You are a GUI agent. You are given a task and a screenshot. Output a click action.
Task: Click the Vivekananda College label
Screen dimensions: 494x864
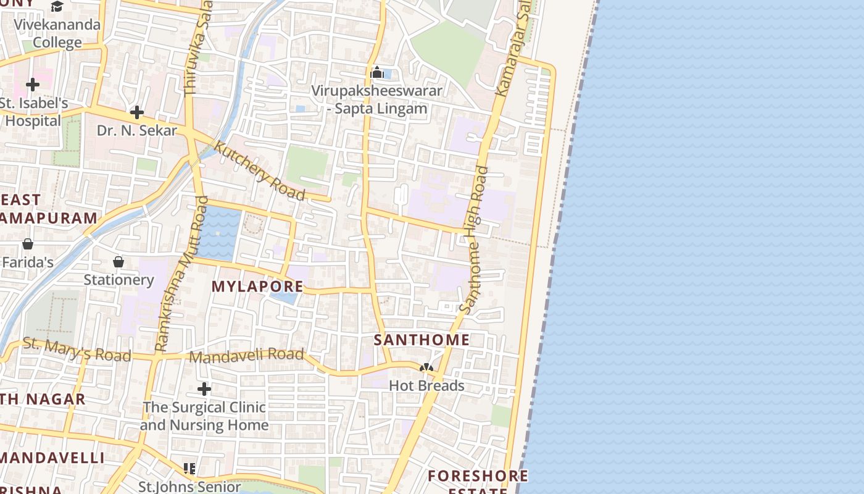coord(57,34)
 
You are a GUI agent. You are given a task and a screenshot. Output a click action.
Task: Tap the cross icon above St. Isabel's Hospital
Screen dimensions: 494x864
coord(33,84)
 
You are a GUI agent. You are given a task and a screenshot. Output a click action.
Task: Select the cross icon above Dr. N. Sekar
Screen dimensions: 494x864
coord(137,112)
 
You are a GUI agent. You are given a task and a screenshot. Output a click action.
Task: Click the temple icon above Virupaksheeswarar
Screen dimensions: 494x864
coord(377,73)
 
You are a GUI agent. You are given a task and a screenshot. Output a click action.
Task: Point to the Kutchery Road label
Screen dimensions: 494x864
coord(259,171)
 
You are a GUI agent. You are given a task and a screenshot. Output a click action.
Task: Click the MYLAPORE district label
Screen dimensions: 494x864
coord(257,287)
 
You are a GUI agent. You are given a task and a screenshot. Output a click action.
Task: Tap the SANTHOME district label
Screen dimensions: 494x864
coord(422,340)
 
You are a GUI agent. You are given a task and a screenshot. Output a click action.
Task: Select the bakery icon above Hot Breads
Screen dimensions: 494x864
coord(426,367)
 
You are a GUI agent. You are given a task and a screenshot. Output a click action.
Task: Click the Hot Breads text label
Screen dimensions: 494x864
coord(426,386)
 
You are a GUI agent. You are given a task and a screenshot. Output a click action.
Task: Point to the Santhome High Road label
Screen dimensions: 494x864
coord(474,240)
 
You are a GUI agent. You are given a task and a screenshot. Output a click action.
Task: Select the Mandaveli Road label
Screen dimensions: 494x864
coord(246,356)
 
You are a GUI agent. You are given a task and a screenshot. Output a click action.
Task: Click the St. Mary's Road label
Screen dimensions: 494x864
coord(77,350)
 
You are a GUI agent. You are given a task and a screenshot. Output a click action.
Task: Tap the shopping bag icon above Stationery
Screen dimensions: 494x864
coord(118,262)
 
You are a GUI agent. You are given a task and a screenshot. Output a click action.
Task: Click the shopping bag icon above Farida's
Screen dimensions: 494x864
coord(27,244)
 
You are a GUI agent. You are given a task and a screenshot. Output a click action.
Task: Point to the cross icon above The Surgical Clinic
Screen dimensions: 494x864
coord(204,389)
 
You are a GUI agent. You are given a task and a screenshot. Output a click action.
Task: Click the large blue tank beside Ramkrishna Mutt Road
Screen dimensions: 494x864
coord(219,233)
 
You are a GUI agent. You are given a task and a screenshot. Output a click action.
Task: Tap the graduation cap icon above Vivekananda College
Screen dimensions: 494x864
coord(57,7)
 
